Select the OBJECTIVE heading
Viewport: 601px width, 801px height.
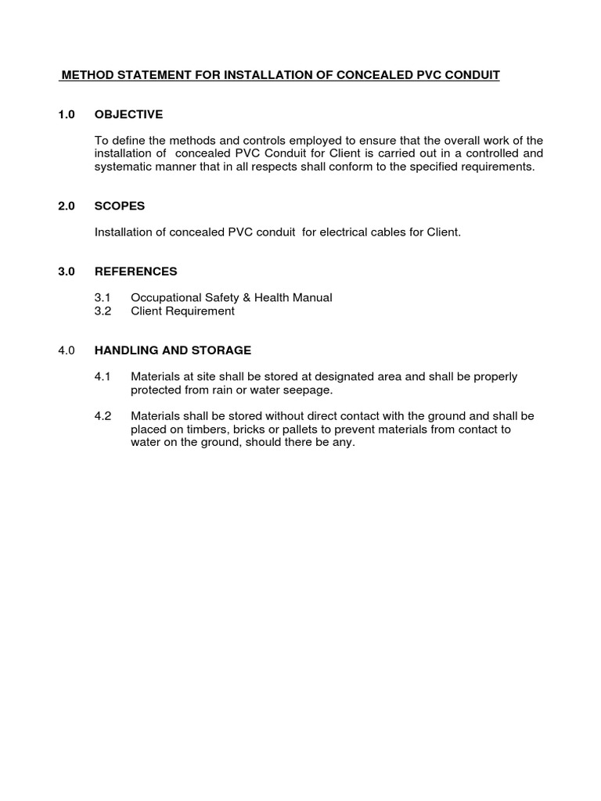(x=128, y=114)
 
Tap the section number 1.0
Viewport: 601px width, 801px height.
(x=67, y=114)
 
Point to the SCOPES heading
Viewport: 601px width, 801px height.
(x=120, y=206)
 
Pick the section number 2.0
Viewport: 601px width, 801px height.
(x=67, y=206)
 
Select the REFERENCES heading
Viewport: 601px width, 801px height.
(x=135, y=271)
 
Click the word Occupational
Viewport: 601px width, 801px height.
(x=165, y=297)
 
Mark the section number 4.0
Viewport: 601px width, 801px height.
(x=67, y=350)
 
